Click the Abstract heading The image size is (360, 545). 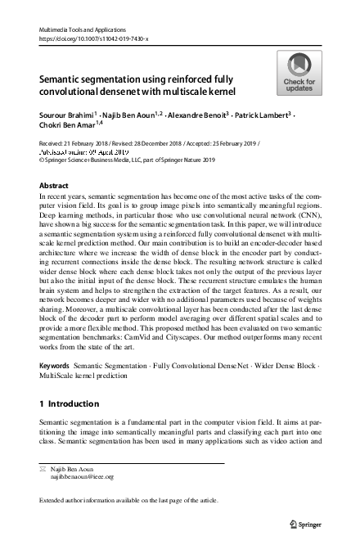pos(54,186)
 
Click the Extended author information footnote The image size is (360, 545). pos(134,498)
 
